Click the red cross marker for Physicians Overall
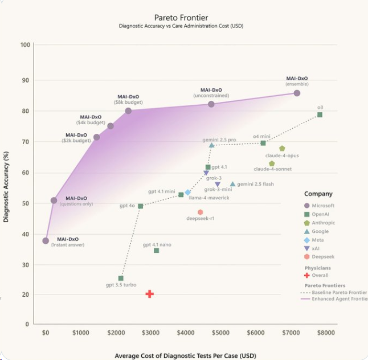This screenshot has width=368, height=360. coord(149,294)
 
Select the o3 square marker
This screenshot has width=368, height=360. coord(320,115)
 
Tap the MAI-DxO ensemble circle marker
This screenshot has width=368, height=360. coord(297,93)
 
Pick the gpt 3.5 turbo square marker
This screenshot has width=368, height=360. coord(121,278)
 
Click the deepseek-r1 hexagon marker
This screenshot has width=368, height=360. coord(201,212)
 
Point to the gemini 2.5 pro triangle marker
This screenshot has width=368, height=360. coord(211,145)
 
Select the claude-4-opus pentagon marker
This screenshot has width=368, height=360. coord(282,149)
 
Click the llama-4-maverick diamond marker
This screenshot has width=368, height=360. coord(187,193)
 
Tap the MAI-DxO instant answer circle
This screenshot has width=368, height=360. coord(46,240)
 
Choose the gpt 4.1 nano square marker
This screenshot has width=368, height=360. coord(157,251)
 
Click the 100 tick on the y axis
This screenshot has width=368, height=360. coord(25,45)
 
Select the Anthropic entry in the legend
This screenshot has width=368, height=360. coord(324,223)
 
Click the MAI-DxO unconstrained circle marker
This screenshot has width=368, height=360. coord(211,104)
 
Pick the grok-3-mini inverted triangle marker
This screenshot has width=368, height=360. coord(218,185)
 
